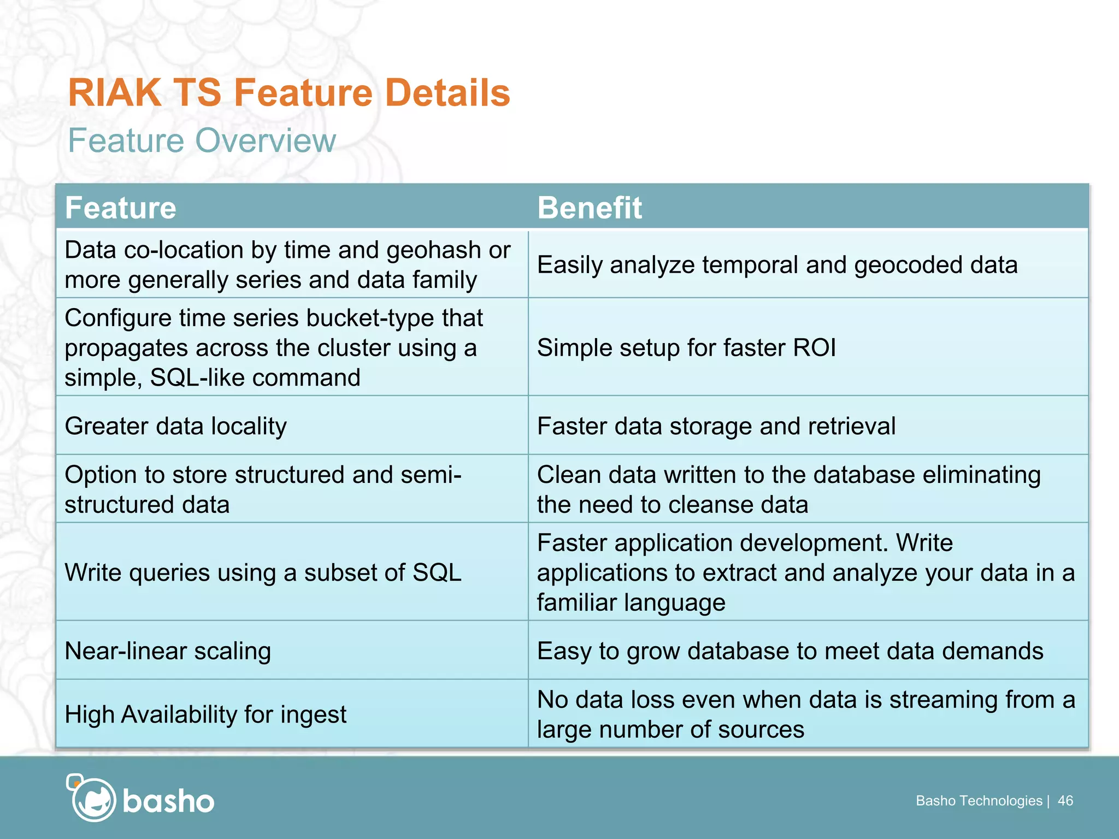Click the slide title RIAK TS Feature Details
288,92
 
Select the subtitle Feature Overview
202,140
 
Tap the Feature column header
121,208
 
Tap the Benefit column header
589,208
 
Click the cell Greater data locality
175,426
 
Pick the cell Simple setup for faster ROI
686,347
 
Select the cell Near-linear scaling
168,651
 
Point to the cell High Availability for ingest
205,714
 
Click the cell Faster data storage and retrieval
716,426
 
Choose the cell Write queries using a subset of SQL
263,572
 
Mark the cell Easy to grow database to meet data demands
790,651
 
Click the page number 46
1065,801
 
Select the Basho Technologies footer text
979,801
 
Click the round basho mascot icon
93,799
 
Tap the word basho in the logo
168,801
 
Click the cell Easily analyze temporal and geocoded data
777,265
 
